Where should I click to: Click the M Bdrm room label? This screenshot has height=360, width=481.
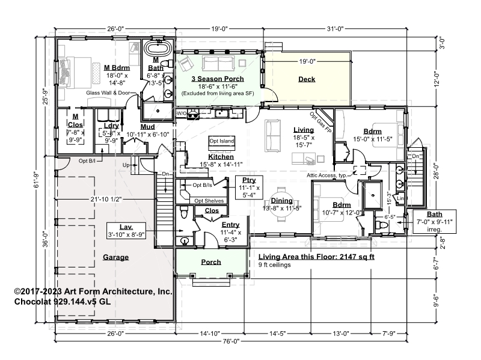click(117, 68)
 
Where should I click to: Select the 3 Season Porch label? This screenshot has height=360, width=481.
click(218, 79)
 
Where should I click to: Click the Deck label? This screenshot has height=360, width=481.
click(307, 79)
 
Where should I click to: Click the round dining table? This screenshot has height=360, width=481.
click(281, 204)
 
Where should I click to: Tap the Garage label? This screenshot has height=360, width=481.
click(115, 257)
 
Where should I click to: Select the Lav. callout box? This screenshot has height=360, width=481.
click(126, 231)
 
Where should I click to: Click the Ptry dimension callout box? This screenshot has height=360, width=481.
click(249, 188)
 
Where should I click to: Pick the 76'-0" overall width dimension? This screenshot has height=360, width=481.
click(231, 341)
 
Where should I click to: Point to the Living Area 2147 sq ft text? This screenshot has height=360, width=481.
click(316, 257)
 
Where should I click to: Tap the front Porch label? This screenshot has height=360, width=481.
click(211, 262)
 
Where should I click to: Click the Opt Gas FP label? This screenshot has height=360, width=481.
click(320, 122)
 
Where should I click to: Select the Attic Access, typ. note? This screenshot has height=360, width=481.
click(326, 175)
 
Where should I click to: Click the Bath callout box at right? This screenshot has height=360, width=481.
click(434, 221)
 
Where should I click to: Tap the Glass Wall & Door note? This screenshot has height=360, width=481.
click(108, 93)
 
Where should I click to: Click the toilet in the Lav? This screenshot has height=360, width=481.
click(184, 212)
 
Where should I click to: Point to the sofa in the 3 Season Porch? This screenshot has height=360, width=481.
click(218, 63)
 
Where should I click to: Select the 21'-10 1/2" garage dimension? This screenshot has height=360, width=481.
click(106, 200)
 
